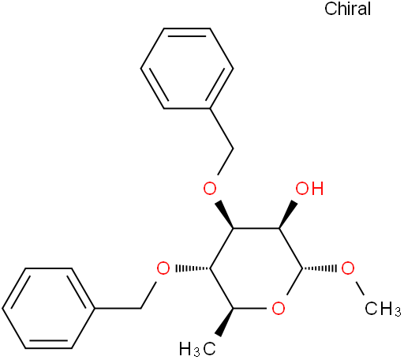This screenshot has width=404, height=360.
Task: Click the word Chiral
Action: [347, 9]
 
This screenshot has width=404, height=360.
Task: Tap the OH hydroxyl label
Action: [309, 189]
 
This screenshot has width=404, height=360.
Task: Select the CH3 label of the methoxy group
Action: [383, 309]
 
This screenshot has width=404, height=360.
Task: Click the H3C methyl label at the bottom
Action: [197, 349]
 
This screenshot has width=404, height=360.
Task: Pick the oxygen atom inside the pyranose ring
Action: [279, 309]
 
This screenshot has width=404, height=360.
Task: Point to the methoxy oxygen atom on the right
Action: [348, 268]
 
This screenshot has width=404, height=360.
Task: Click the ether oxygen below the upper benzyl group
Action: [210, 189]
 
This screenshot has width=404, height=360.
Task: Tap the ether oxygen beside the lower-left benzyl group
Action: [163, 268]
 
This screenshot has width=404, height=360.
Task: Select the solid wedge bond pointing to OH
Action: [288, 214]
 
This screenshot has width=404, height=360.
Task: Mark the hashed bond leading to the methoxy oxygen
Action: [319, 268]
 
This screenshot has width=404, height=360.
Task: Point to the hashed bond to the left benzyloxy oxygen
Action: [193, 268]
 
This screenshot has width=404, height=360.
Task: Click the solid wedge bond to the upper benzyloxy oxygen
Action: [224, 215]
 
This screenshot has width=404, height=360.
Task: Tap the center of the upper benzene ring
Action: [187, 68]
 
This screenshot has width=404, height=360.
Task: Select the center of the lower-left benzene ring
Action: [48, 308]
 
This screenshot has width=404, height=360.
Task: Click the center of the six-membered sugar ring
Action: [256, 268]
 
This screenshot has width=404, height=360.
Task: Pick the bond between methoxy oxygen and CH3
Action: [359, 288]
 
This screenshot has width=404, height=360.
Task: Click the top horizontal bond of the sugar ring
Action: [256, 228]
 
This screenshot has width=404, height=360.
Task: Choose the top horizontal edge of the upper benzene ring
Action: [187, 28]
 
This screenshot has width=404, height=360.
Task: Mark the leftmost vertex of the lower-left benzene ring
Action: [2, 308]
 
